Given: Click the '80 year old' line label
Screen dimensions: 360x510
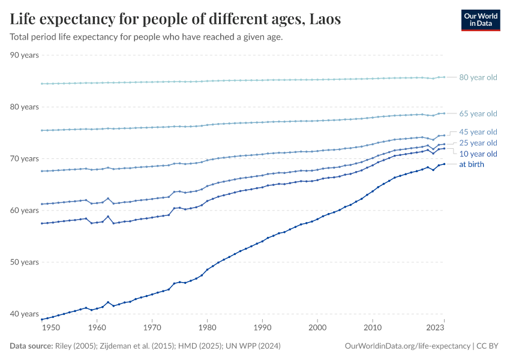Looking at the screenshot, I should click(x=478, y=77).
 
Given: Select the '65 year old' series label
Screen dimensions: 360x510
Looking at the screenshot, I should click(x=478, y=113).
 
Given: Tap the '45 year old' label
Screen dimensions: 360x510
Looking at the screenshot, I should click(x=478, y=132).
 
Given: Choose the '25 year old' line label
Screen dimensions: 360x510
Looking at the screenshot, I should click(x=478, y=143).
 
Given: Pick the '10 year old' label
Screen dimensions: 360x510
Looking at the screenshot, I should click(x=478, y=154).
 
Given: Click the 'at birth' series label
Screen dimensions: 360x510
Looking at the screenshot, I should click(x=472, y=164).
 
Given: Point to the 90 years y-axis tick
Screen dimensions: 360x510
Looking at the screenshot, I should click(x=25, y=55).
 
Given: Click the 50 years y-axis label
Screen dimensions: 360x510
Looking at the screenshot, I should click(x=25, y=262).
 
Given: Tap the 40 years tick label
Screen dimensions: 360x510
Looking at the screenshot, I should click(x=25, y=314).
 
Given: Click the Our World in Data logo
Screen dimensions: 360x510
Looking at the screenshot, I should click(x=481, y=20).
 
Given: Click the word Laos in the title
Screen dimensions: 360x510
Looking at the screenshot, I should click(x=325, y=19).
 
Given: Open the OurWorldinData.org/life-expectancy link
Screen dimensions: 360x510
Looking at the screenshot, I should click(x=408, y=346).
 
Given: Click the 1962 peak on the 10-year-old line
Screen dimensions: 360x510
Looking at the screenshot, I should click(x=108, y=217).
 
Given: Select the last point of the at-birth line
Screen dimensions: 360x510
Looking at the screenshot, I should click(x=444, y=164).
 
